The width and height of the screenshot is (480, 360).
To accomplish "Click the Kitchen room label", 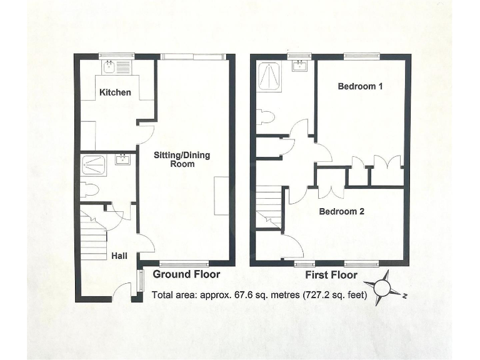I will point(115,92).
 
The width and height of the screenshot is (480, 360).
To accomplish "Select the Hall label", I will point(119,256).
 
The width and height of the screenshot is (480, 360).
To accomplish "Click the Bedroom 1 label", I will point(360,86).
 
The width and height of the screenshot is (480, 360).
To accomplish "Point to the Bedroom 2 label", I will point(341,211).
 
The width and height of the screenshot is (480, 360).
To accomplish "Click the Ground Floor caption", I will point(186,274).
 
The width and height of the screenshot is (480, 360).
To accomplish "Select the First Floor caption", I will point(331,275).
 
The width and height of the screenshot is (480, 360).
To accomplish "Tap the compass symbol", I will point(382,288).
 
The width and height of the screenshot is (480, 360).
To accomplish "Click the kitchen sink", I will point(109,66).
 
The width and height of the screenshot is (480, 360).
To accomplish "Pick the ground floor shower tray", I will point(96,165).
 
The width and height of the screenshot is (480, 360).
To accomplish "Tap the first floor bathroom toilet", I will point(264,117).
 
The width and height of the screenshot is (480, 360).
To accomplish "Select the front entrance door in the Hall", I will point(124,291).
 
